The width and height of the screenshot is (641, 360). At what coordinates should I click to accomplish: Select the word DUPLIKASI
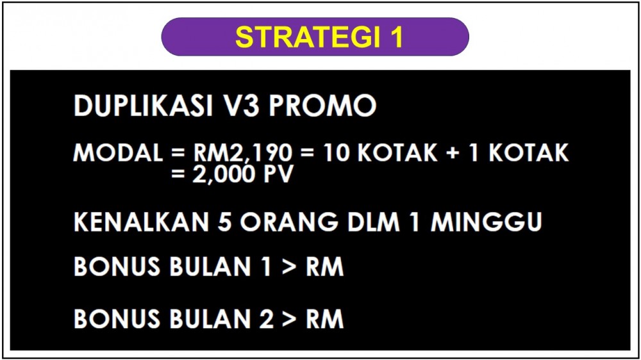click(x=144, y=106)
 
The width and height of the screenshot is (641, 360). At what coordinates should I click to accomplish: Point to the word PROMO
click(x=322, y=106)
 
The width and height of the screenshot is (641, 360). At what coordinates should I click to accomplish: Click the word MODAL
click(x=118, y=153)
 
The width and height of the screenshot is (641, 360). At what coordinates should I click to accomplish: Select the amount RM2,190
click(x=243, y=154)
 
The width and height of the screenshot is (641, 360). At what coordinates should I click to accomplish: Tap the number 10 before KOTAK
click(x=337, y=153)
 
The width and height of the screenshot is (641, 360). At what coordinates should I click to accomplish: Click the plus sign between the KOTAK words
click(x=453, y=153)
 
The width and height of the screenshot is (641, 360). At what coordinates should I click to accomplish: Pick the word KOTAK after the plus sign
click(x=529, y=153)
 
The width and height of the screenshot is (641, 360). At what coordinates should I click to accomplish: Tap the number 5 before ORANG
click(x=225, y=222)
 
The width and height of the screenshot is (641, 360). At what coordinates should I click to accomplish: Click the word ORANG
click(x=289, y=222)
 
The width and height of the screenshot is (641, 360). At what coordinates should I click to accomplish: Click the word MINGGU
click(x=487, y=222)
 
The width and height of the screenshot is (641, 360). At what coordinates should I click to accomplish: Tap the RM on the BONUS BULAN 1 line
click(x=324, y=267)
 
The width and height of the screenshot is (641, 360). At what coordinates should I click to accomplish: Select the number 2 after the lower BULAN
click(x=266, y=319)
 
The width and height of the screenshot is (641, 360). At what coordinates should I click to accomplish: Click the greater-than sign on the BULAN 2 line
click(x=289, y=319)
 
